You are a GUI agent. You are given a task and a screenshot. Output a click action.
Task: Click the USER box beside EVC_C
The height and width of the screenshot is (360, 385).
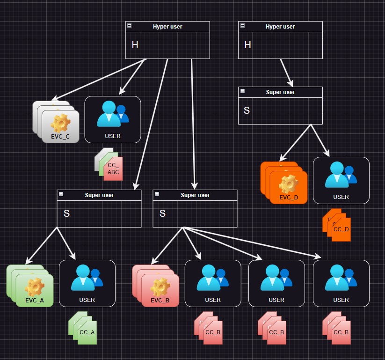(x=113, y=119)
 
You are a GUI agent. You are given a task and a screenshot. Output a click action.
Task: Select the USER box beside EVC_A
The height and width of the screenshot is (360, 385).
(x=87, y=283)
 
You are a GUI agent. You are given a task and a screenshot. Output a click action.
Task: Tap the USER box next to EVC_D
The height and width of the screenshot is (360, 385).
(x=341, y=180)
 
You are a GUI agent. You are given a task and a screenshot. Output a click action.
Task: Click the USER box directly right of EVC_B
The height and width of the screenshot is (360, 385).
(x=213, y=283)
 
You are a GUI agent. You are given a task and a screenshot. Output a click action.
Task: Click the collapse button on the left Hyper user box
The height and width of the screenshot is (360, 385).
(x=130, y=26)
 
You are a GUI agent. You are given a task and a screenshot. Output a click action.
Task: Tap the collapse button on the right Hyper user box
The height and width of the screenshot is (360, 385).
(x=242, y=26)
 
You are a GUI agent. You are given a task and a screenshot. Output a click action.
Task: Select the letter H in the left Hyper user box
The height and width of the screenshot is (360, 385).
(x=135, y=45)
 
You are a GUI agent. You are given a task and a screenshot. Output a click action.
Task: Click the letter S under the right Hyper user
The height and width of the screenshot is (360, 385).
(x=247, y=110)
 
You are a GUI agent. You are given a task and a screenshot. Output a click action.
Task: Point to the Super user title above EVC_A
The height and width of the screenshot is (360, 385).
(x=99, y=195)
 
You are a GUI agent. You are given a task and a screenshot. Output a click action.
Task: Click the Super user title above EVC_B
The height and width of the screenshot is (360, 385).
(x=195, y=195)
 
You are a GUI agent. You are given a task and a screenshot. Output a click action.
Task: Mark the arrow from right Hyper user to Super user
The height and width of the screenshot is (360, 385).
(x=286, y=73)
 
